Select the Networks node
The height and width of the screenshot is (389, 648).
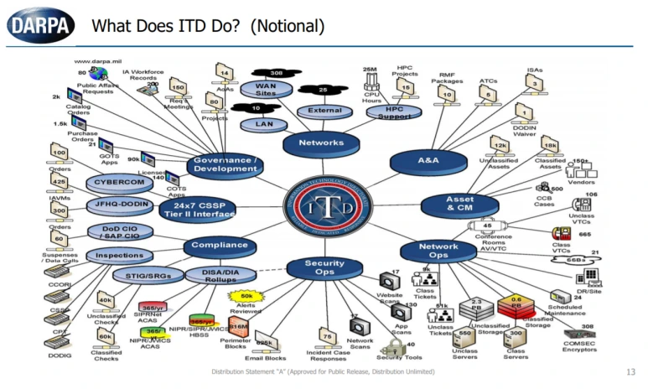coord(321,143)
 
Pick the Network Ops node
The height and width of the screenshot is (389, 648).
coord(438,250)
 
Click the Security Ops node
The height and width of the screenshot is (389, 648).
coord(324,267)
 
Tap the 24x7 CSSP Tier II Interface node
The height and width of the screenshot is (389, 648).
coord(197,208)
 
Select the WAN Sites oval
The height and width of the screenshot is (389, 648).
coord(266,88)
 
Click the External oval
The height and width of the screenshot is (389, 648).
coord(324,111)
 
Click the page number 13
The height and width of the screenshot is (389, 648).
coord(630,371)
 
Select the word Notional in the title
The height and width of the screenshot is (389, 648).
coord(284,27)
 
